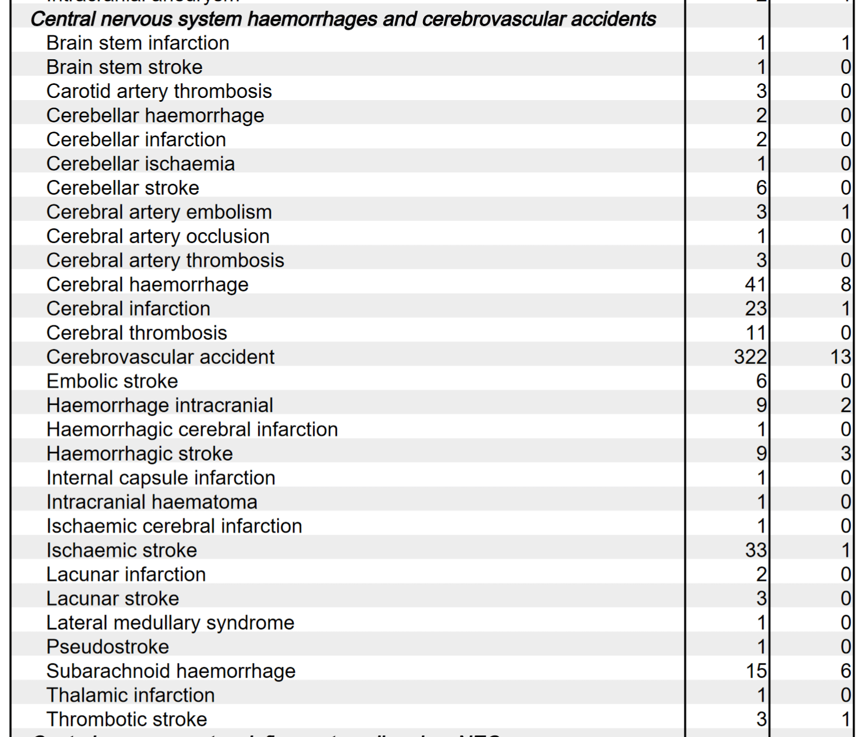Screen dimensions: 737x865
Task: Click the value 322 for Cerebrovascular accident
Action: pos(750,357)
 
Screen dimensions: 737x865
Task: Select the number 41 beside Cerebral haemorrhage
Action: pos(755,284)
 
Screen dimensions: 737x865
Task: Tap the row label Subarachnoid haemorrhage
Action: pos(171,671)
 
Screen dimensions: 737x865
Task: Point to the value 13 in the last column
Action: pos(840,357)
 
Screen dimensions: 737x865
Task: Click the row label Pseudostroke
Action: pos(108,647)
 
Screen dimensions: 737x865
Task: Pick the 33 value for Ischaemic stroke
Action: pos(755,550)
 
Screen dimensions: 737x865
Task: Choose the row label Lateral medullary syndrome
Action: pos(170,622)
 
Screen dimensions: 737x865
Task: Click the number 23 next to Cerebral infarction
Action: pos(755,308)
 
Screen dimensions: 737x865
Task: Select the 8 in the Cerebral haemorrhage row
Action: pos(845,284)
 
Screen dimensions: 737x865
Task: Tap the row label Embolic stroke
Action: pos(112,381)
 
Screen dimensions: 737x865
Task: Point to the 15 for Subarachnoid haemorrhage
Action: pos(756,671)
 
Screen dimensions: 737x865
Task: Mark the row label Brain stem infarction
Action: pos(138,43)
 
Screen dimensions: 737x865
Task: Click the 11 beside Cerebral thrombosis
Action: pos(756,332)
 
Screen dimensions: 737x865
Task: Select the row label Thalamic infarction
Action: pos(130,695)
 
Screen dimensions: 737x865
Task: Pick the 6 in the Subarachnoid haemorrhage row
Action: pos(845,671)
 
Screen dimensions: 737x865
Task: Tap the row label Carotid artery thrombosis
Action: pos(159,91)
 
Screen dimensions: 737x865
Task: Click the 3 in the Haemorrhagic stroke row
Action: pos(845,453)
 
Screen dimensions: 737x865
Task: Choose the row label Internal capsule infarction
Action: pos(160,478)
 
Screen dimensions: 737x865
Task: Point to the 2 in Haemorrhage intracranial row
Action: pos(845,405)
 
